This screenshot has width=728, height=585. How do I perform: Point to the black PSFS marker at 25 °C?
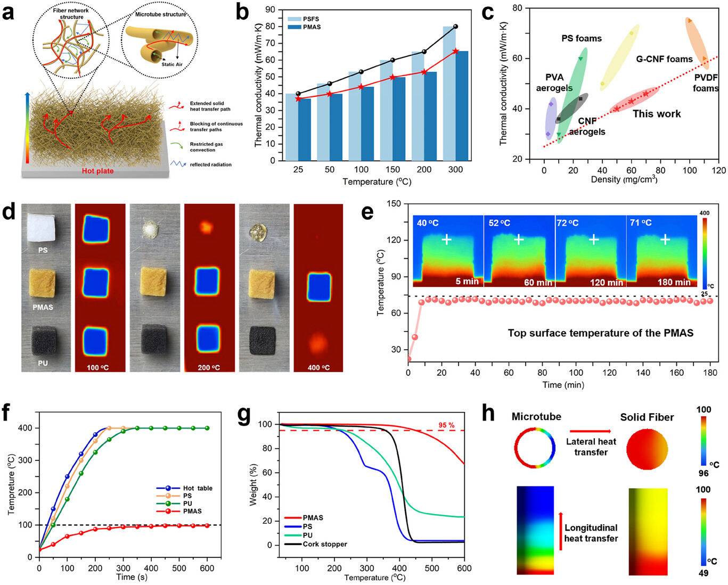pyautogui.click(x=298, y=94)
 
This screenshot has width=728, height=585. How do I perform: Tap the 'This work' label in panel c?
pyautogui.click(x=656, y=114)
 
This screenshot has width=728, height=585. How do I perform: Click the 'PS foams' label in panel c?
pyautogui.click(x=581, y=38)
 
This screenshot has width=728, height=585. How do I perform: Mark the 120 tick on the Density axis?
pyautogui.click(x=718, y=170)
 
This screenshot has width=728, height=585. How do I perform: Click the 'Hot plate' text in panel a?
pyautogui.click(x=97, y=171)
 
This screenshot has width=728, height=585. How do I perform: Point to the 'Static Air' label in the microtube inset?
pyautogui.click(x=171, y=64)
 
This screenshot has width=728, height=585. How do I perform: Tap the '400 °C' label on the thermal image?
pyautogui.click(x=318, y=367)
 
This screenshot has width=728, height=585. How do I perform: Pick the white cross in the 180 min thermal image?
pyautogui.click(x=665, y=240)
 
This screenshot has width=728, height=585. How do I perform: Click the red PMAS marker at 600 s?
pyautogui.click(x=207, y=525)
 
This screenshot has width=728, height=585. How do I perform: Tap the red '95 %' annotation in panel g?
pyautogui.click(x=446, y=425)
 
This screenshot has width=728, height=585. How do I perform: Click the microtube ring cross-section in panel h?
pyautogui.click(x=535, y=448)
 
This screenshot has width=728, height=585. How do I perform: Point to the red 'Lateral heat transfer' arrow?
pyautogui.click(x=591, y=431)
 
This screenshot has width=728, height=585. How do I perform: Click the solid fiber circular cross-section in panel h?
pyautogui.click(x=647, y=448)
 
